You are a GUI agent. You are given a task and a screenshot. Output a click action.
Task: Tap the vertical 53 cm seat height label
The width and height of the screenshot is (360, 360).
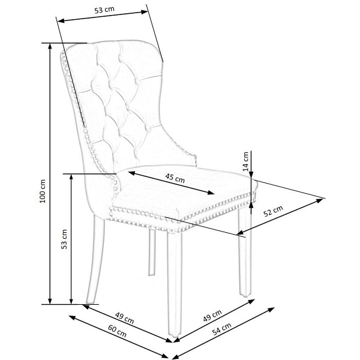click(64, 239)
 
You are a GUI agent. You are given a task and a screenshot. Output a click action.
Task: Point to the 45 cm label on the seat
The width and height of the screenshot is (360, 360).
click(175, 178)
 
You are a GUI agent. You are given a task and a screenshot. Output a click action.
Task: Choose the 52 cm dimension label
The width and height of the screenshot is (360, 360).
click(274, 211)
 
